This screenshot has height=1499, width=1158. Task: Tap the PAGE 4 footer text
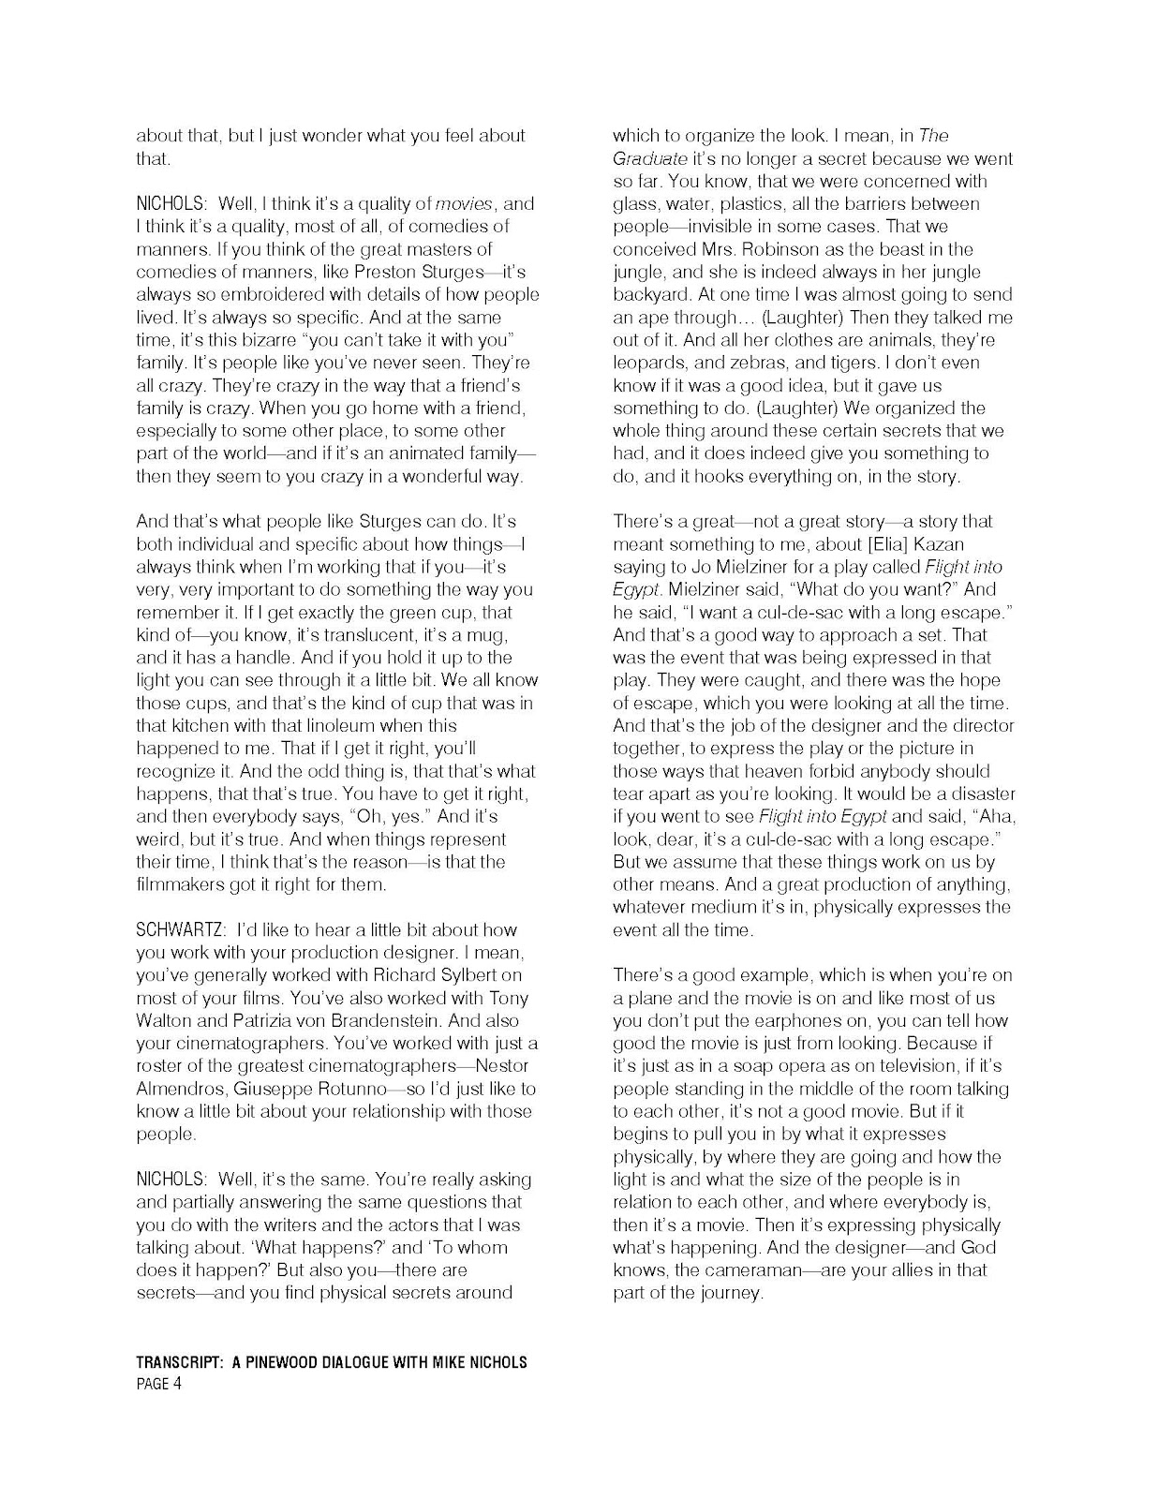[x=158, y=1385]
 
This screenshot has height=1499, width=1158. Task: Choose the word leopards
[x=646, y=363]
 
